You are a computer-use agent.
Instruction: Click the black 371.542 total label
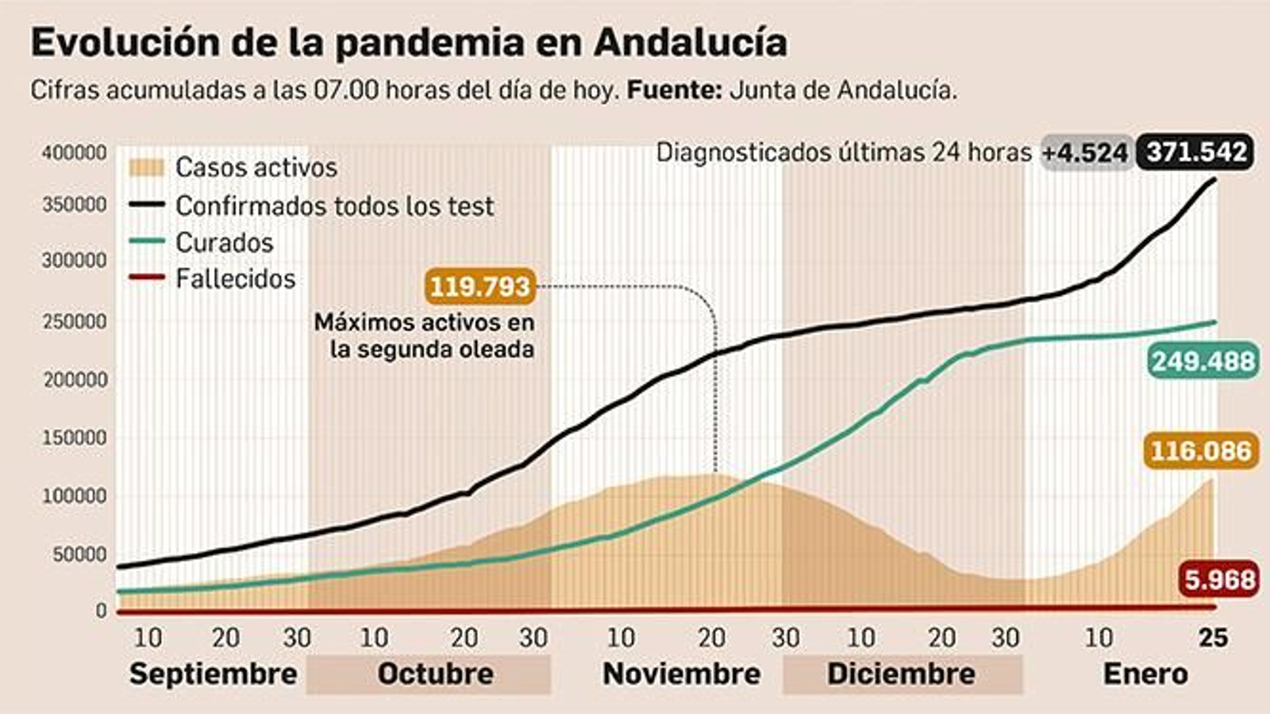(x=1195, y=152)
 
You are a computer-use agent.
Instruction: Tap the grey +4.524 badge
(x=1084, y=152)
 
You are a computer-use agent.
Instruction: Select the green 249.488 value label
(x=1203, y=362)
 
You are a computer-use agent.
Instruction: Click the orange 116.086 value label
(x=1200, y=451)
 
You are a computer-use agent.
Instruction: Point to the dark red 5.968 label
(x=1218, y=580)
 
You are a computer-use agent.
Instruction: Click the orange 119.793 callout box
(x=480, y=286)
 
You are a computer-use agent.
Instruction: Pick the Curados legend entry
(x=224, y=243)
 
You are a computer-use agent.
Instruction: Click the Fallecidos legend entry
(x=235, y=279)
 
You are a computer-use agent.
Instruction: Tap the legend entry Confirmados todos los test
(x=333, y=206)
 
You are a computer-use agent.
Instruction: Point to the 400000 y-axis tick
(x=74, y=152)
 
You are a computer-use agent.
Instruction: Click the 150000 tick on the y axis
(x=74, y=438)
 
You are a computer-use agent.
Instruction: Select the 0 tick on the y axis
(x=101, y=611)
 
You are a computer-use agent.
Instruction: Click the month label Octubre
(x=435, y=674)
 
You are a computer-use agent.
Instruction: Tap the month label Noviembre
(x=681, y=674)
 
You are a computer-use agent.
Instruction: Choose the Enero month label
(x=1145, y=674)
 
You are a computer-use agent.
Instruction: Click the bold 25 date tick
(x=1213, y=638)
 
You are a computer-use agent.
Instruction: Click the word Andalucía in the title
(x=691, y=43)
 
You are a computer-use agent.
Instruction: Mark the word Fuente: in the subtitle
(x=674, y=90)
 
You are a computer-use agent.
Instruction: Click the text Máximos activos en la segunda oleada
(x=424, y=336)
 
